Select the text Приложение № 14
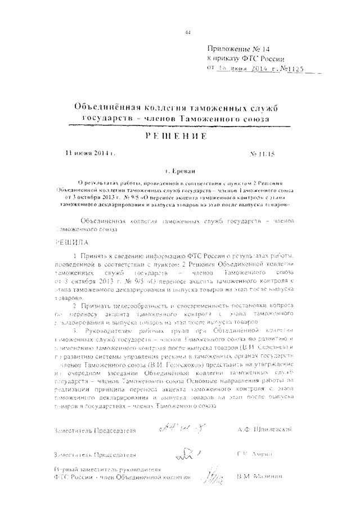click(x=239, y=49)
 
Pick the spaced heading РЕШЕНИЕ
click(x=179, y=137)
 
